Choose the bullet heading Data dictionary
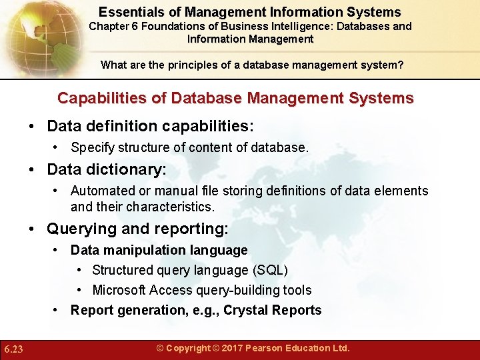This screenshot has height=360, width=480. pos(107,170)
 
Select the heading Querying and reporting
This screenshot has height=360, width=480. pos(137,229)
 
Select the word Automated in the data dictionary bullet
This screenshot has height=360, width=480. pos(101,191)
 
